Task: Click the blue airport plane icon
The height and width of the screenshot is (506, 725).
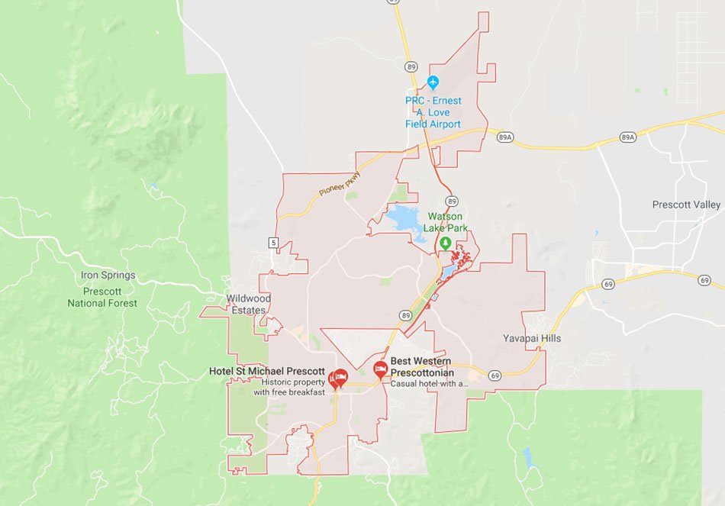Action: click(x=433, y=82)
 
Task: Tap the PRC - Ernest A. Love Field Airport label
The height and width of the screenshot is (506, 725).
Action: click(x=433, y=112)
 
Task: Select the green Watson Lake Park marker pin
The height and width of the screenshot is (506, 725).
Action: click(x=446, y=243)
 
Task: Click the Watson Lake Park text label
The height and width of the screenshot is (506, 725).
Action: click(x=445, y=221)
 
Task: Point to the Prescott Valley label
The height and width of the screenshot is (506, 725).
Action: click(x=686, y=205)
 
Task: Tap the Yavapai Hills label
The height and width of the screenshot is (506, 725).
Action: click(x=532, y=338)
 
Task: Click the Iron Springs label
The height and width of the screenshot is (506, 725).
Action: click(x=108, y=275)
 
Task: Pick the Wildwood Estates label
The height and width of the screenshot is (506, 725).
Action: click(x=248, y=305)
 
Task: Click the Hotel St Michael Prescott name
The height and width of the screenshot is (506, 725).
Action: click(x=266, y=371)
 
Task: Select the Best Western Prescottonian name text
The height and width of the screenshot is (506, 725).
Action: click(x=421, y=366)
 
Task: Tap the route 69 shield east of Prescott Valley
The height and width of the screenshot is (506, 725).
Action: click(x=704, y=280)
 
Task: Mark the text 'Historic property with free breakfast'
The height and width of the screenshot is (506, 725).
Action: click(x=288, y=387)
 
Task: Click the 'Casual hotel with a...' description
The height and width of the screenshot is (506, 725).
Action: click(x=429, y=384)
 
